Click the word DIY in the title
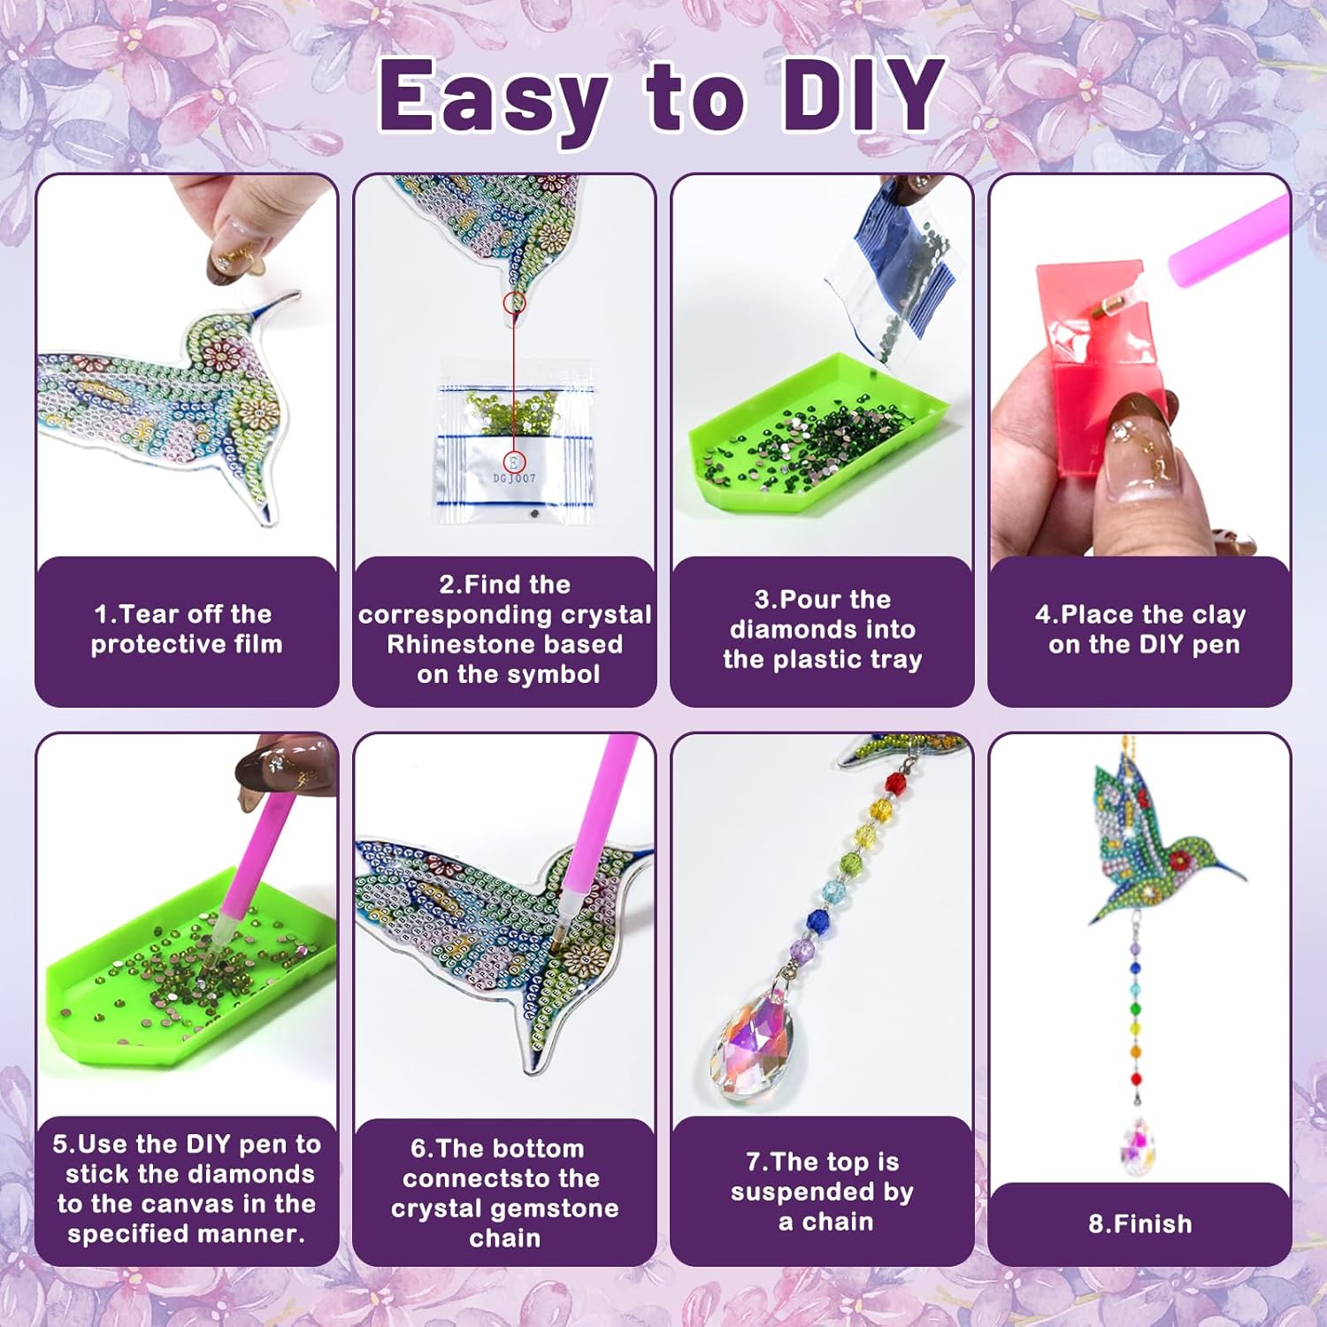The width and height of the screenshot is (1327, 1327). tap(863, 95)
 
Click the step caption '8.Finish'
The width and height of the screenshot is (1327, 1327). tap(1140, 1224)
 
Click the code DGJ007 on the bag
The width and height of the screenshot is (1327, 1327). tap(514, 479)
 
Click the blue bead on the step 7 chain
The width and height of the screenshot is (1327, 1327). tap(819, 921)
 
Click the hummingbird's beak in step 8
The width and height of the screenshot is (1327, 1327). tap(1220, 862)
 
